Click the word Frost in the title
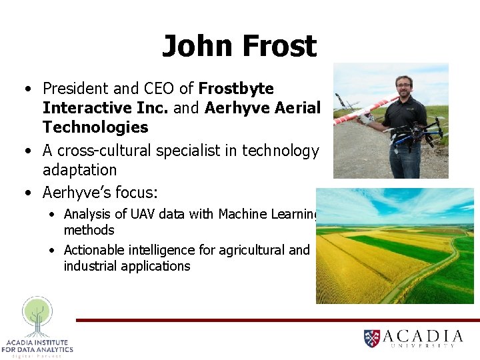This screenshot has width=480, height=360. [x=279, y=47]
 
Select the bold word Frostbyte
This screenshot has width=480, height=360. [x=236, y=89]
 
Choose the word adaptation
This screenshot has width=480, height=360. [x=79, y=170]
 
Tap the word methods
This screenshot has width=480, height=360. [x=89, y=230]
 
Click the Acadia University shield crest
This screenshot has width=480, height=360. [x=372, y=338]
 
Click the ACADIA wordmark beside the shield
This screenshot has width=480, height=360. [x=423, y=336]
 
